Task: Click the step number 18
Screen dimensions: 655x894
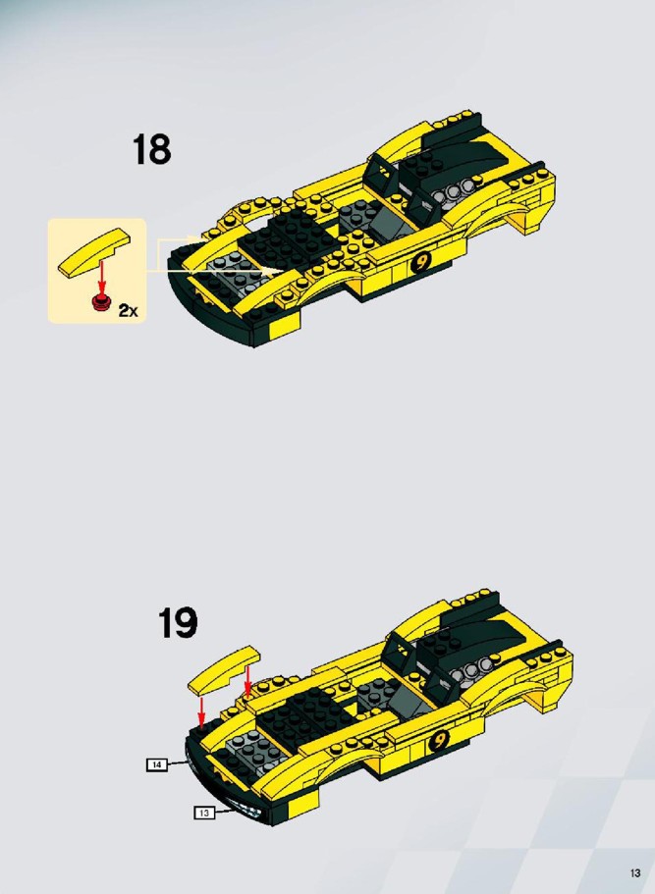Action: [x=152, y=150]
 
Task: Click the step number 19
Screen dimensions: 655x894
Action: [x=178, y=622]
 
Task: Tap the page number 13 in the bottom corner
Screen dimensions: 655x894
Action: [x=635, y=873]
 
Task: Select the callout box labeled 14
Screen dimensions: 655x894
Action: [x=157, y=764]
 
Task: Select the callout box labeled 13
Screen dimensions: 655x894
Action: [x=205, y=813]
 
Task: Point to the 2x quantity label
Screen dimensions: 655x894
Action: [x=129, y=311]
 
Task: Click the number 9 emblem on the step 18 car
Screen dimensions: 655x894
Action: [x=420, y=262]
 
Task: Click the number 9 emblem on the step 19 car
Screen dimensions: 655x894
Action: [x=439, y=740]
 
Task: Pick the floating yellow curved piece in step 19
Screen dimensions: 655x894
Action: [x=224, y=670]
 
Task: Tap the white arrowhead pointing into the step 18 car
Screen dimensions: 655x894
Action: [x=273, y=269]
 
